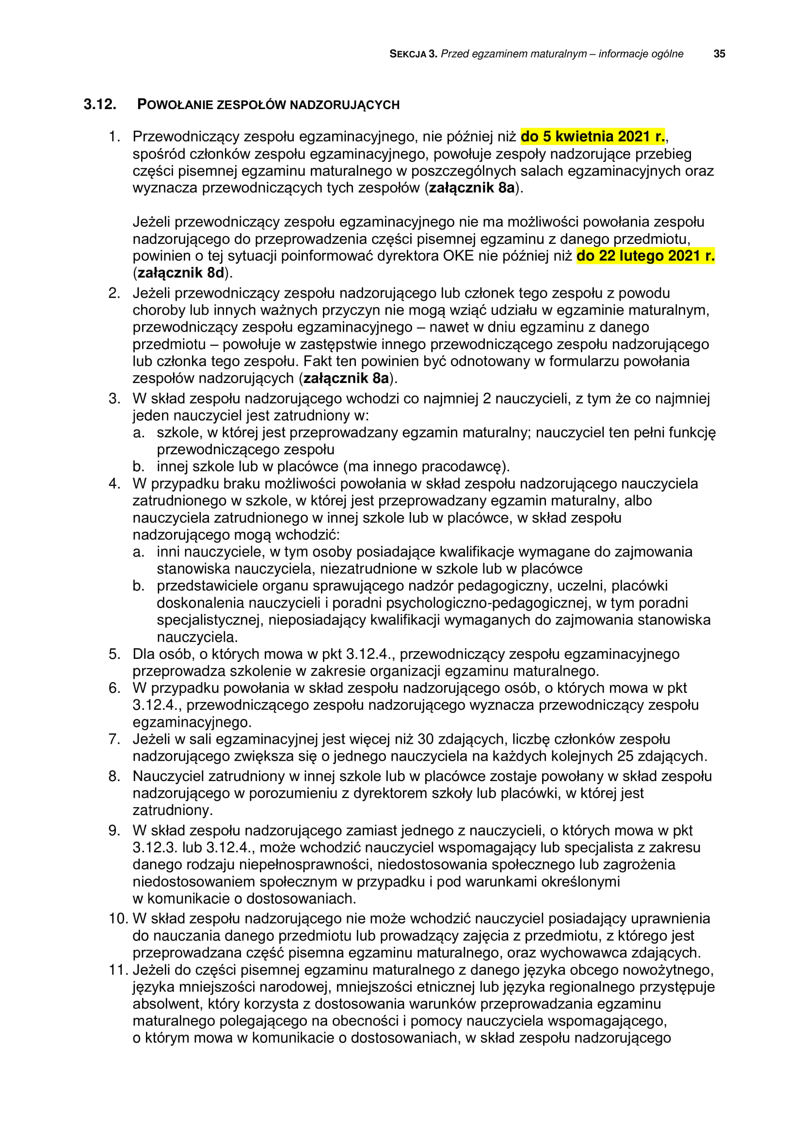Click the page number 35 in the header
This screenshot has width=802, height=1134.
coord(719,54)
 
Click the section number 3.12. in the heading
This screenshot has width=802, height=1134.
coord(100,105)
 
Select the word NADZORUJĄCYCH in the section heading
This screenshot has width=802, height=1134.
coord(344,105)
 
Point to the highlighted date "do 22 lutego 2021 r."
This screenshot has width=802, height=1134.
coord(645,256)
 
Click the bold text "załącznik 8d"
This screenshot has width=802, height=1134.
coord(180,272)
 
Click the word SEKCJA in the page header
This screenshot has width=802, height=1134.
coord(407,54)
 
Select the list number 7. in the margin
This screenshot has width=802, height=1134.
coord(114,739)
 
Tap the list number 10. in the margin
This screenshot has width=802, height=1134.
coord(118,919)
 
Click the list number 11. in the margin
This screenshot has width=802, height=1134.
coord(118,970)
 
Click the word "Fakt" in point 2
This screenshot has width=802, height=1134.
coord(319,361)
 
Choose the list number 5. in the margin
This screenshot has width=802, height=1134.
coord(114,654)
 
